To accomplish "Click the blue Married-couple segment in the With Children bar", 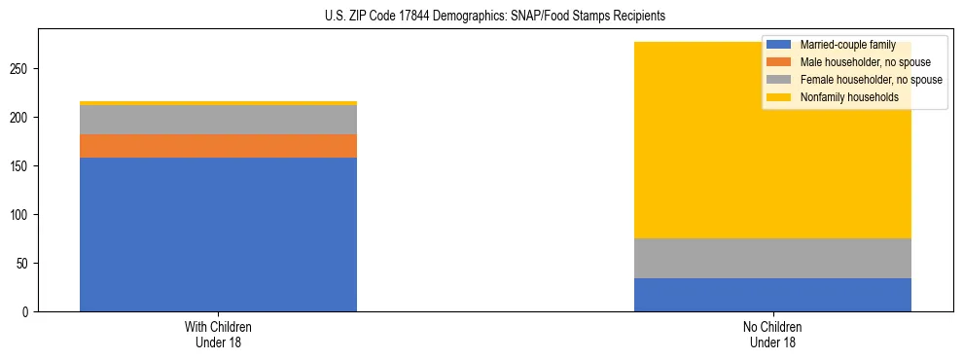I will point(218,234).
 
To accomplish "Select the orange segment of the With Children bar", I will point(218,146).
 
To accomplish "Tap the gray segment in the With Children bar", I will point(218,120).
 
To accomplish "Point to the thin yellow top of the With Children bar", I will point(218,103).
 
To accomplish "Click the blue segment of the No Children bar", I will point(772,295).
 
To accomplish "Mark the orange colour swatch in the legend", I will point(779,62).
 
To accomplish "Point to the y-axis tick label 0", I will point(26,311).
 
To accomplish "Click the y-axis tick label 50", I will point(23,263).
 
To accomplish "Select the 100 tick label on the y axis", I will point(20,214).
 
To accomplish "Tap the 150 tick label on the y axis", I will point(20,166).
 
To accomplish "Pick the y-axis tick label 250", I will point(20,69).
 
